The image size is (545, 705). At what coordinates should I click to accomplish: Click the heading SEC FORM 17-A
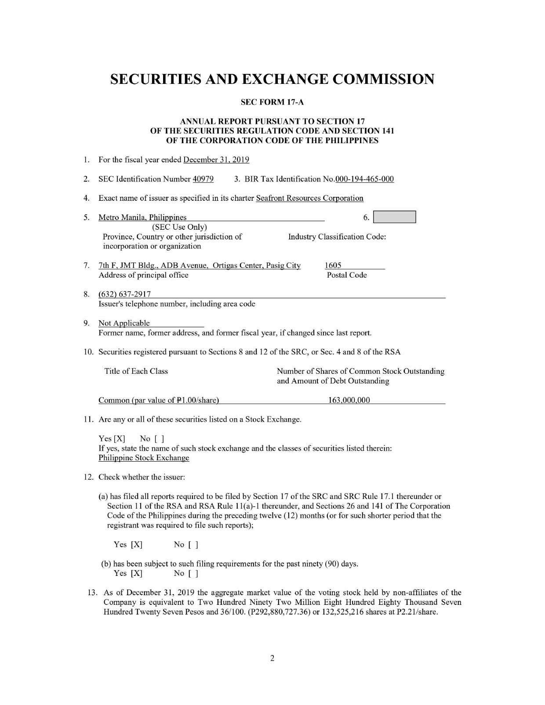[272, 102]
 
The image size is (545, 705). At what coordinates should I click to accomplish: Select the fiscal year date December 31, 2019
[216, 160]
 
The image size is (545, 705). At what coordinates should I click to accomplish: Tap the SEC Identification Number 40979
[203, 179]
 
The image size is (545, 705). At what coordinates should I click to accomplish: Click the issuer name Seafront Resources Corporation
[309, 198]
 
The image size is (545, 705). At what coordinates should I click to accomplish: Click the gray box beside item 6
[394, 217]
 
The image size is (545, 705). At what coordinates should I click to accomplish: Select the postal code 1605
[333, 265]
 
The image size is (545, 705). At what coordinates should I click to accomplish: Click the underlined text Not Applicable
[124, 323]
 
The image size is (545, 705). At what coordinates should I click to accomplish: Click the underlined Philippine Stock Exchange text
[144, 458]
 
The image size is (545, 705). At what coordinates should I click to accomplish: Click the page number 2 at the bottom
[272, 658]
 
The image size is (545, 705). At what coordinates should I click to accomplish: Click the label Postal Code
[346, 275]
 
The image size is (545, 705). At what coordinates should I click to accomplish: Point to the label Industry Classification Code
[337, 237]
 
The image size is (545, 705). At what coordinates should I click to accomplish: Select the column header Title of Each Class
[136, 371]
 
